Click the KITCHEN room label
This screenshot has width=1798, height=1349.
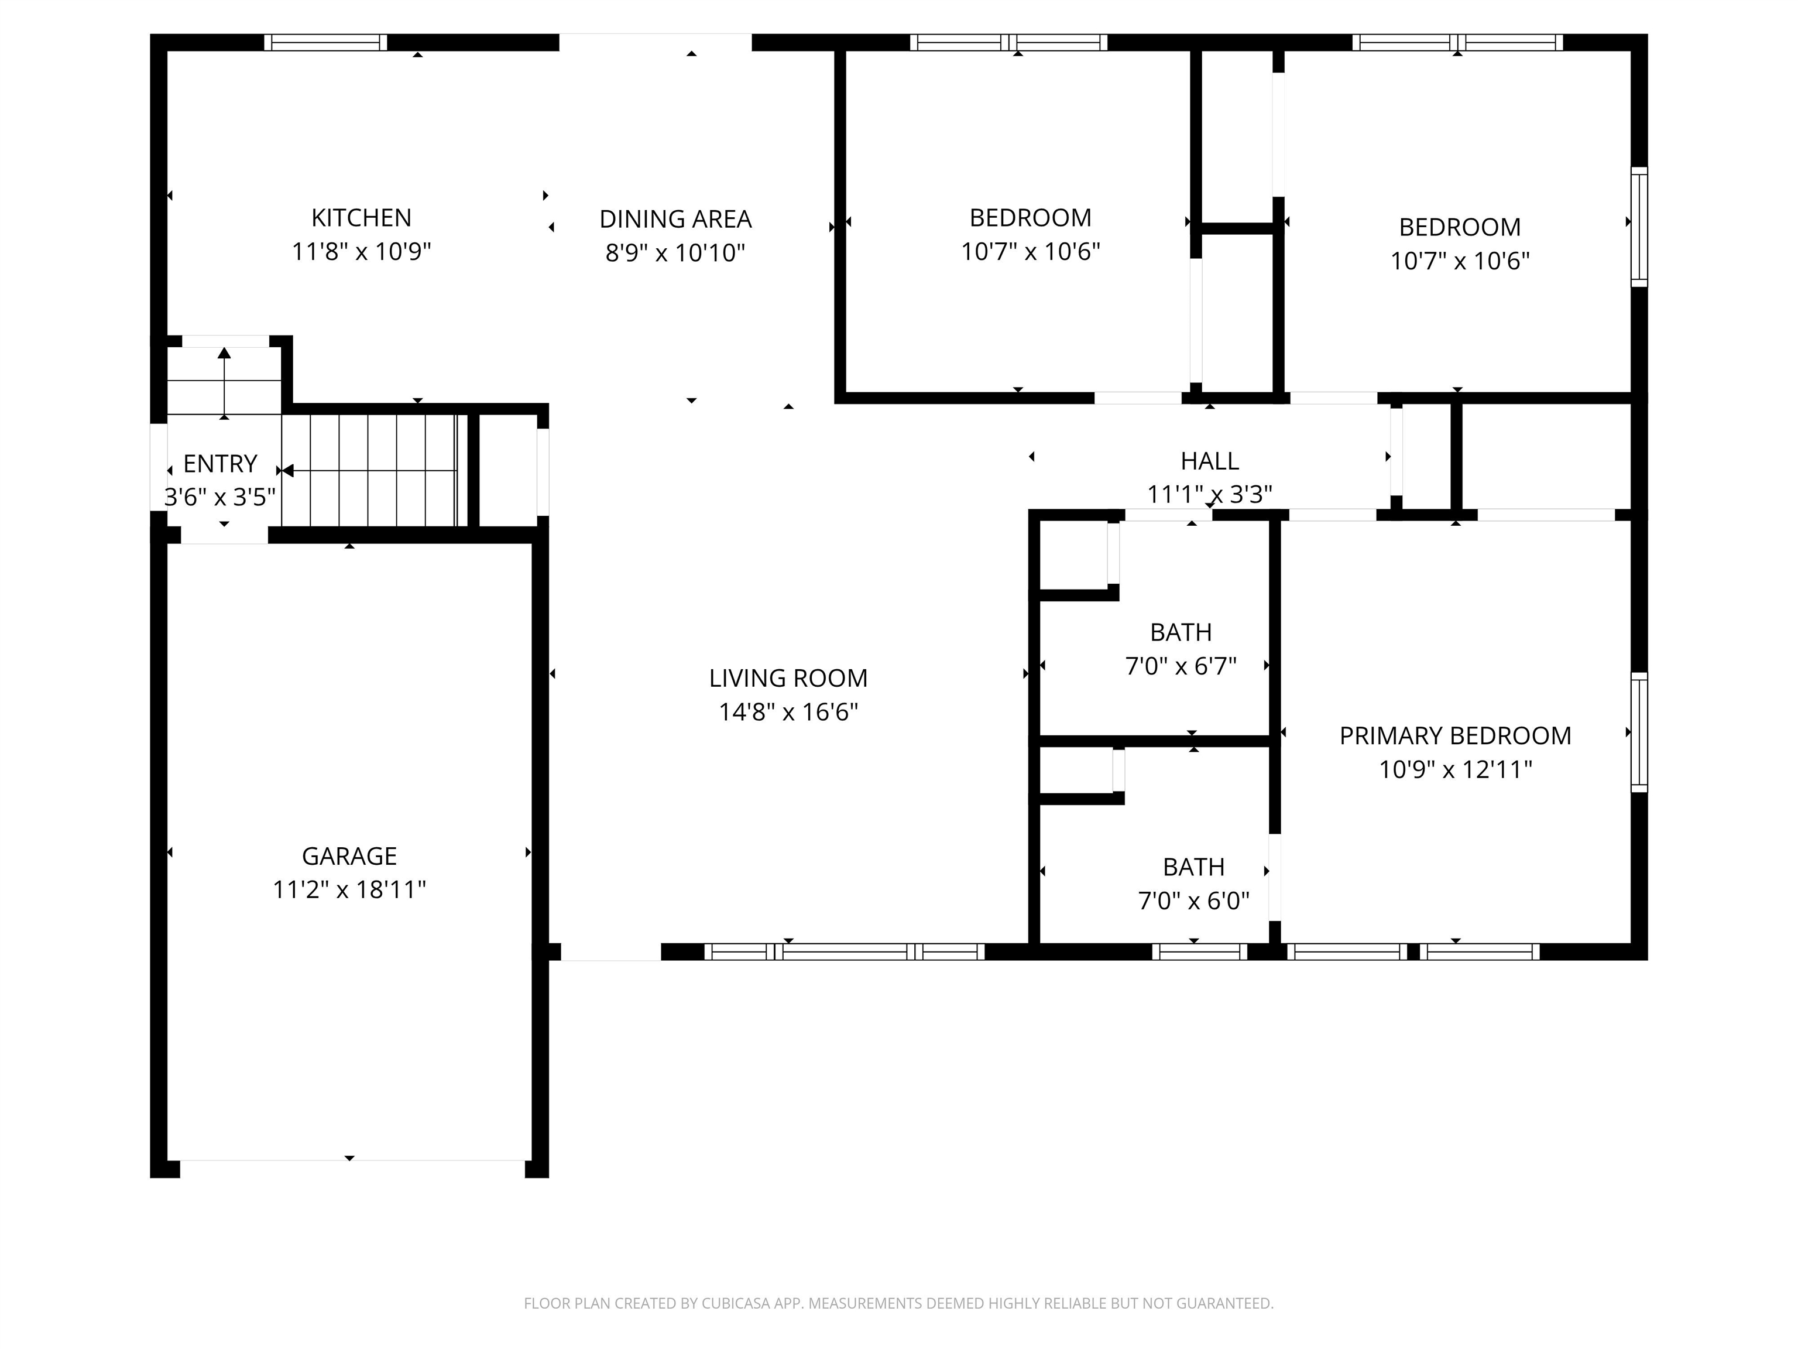pos(361,218)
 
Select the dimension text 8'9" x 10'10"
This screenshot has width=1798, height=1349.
pos(675,253)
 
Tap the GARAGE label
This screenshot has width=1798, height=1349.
pos(349,856)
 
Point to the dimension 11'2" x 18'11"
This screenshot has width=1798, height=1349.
pos(349,889)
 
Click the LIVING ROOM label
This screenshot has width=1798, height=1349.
pos(788,678)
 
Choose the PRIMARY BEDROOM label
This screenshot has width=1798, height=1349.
pos(1454,736)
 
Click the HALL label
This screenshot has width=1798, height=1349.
pos(1209,461)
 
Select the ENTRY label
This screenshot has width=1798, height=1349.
pos(219,464)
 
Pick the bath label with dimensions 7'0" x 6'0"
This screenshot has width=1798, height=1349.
pos(1192,867)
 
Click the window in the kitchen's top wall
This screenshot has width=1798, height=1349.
pos(325,42)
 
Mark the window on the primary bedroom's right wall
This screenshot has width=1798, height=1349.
pos(1639,732)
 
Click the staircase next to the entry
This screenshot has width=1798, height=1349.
pos(374,470)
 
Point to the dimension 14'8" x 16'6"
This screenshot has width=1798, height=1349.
pos(788,713)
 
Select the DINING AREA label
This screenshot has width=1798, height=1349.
pos(675,219)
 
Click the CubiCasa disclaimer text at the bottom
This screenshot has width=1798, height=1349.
pos(898,1303)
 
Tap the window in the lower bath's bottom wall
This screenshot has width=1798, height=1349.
pos(1199,951)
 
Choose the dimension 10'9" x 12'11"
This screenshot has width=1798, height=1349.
pos(1454,769)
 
